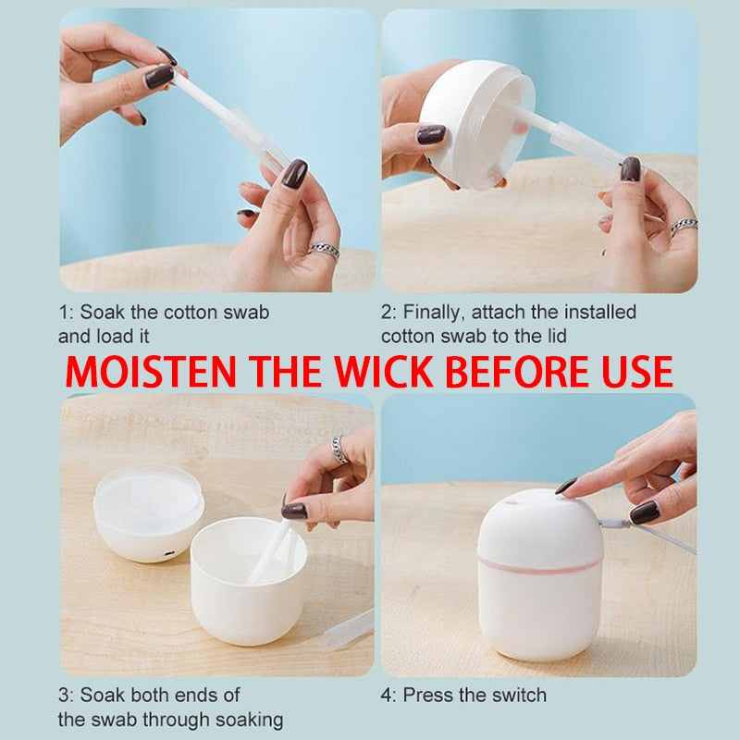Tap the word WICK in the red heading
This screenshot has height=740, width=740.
coord(384,372)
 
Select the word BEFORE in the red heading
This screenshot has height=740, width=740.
coord(517,372)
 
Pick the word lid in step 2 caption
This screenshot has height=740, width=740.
coord(554,337)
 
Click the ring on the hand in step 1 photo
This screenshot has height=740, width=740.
coord(325,250)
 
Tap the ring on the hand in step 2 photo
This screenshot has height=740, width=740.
coord(684,226)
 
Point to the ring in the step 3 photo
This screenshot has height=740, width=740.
coord(339,449)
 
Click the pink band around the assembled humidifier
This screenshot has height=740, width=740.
coord(540,565)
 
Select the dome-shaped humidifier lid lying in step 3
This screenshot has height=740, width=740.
coord(149,513)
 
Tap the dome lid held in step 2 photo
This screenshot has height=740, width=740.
coord(476,124)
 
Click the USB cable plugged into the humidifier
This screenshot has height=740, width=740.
coord(647,533)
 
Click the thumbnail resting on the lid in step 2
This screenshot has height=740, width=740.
coord(431,134)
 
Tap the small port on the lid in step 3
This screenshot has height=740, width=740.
coord(169,552)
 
